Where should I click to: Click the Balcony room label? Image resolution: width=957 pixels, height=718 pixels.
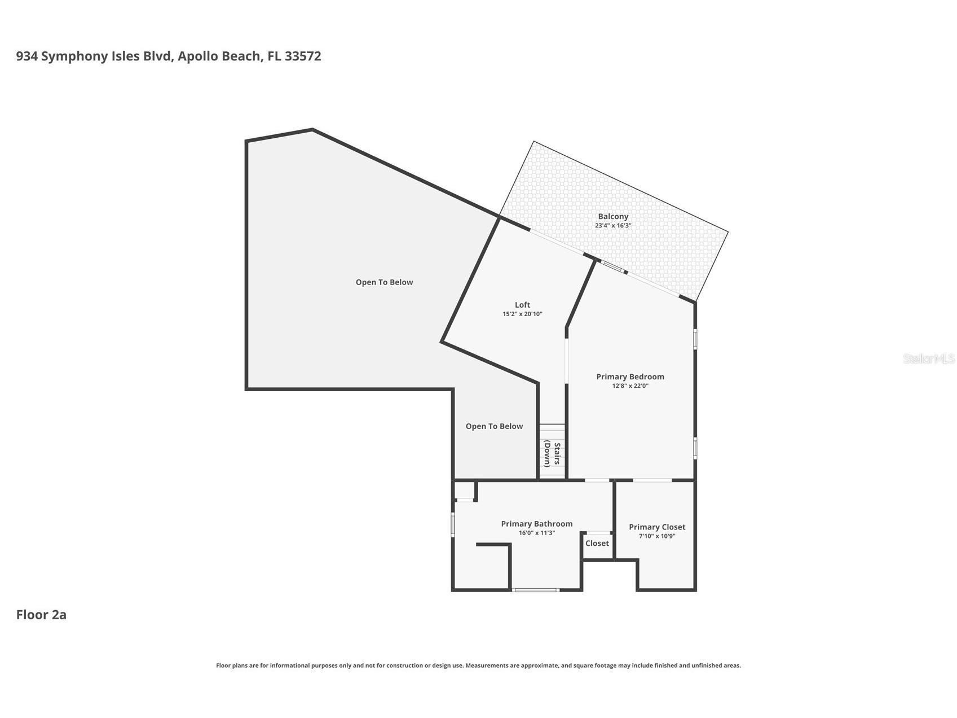tap(612, 216)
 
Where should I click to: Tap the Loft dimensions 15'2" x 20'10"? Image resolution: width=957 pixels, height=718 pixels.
tap(522, 314)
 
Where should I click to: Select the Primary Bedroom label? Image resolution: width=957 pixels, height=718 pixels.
tap(630, 376)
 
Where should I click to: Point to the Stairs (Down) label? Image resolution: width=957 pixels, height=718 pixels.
tap(552, 454)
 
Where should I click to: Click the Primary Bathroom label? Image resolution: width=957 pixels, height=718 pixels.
tap(536, 524)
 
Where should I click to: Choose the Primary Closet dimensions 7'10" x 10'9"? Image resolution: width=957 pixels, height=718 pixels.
tap(656, 536)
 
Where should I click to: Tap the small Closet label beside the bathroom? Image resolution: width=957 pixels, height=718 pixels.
tap(597, 543)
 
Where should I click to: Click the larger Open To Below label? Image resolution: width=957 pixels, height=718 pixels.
tap(384, 282)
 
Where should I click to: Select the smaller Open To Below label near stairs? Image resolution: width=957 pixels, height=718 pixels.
tap(494, 426)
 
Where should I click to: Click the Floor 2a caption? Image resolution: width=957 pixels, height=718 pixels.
tap(41, 615)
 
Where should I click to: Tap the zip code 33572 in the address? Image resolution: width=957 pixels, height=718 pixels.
tap(303, 56)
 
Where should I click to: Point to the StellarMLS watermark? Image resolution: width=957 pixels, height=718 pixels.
tap(928, 358)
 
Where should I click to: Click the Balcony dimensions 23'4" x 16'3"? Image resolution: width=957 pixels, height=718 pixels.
tap(612, 225)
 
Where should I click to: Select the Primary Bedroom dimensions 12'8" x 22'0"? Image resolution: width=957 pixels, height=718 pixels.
tap(630, 386)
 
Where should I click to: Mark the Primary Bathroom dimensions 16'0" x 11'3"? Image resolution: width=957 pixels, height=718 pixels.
tap(536, 533)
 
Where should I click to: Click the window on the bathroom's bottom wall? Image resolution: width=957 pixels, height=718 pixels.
tap(536, 590)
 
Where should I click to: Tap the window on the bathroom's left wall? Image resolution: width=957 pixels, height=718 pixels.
tap(453, 524)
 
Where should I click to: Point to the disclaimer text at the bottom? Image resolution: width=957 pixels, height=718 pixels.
tap(478, 666)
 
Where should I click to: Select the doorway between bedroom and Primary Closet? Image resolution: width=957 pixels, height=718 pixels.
tap(652, 480)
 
